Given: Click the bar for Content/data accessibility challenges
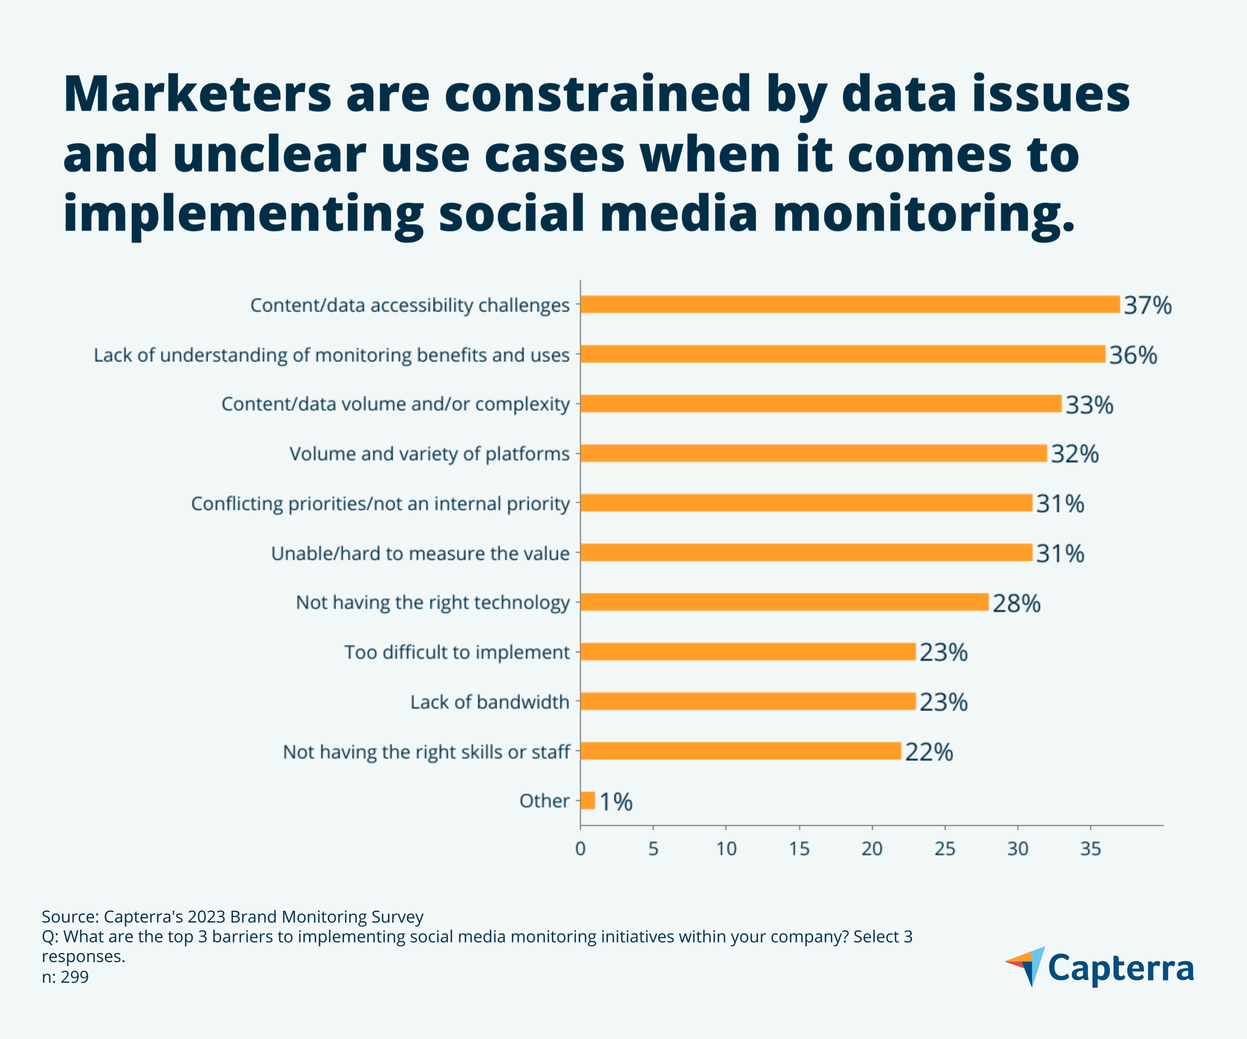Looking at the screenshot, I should pyautogui.click(x=849, y=305).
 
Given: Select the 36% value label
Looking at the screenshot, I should pyautogui.click(x=1133, y=355).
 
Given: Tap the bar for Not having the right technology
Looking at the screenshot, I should pyautogui.click(x=784, y=602).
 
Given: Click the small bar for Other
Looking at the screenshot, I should pyautogui.click(x=587, y=800).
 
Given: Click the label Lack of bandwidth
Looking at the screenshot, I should pyautogui.click(x=489, y=702).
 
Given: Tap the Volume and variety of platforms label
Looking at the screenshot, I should pyautogui.click(x=429, y=454).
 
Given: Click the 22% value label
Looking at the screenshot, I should pyautogui.click(x=929, y=752).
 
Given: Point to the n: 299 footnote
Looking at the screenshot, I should pyautogui.click(x=65, y=977).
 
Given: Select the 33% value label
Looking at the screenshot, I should pyautogui.click(x=1089, y=405).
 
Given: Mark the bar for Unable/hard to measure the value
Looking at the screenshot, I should pyautogui.click(x=806, y=553).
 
